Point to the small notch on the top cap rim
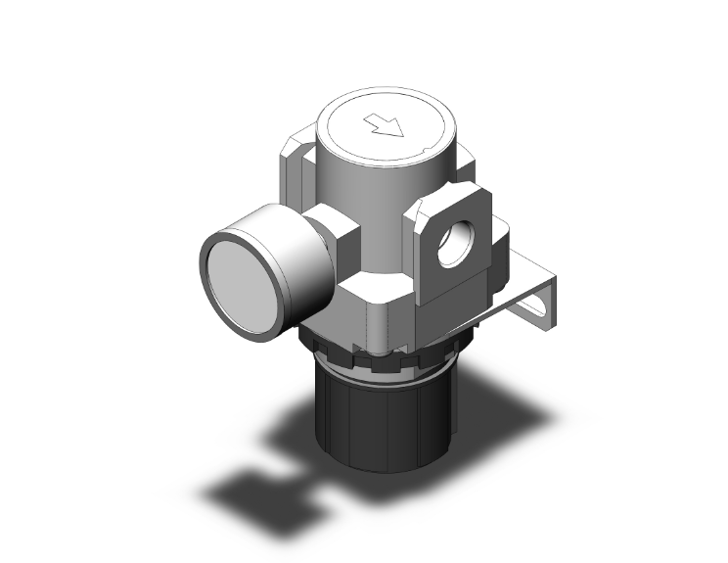pyautogui.click(x=425, y=150)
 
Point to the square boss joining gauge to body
pyautogui.click(x=338, y=231)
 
